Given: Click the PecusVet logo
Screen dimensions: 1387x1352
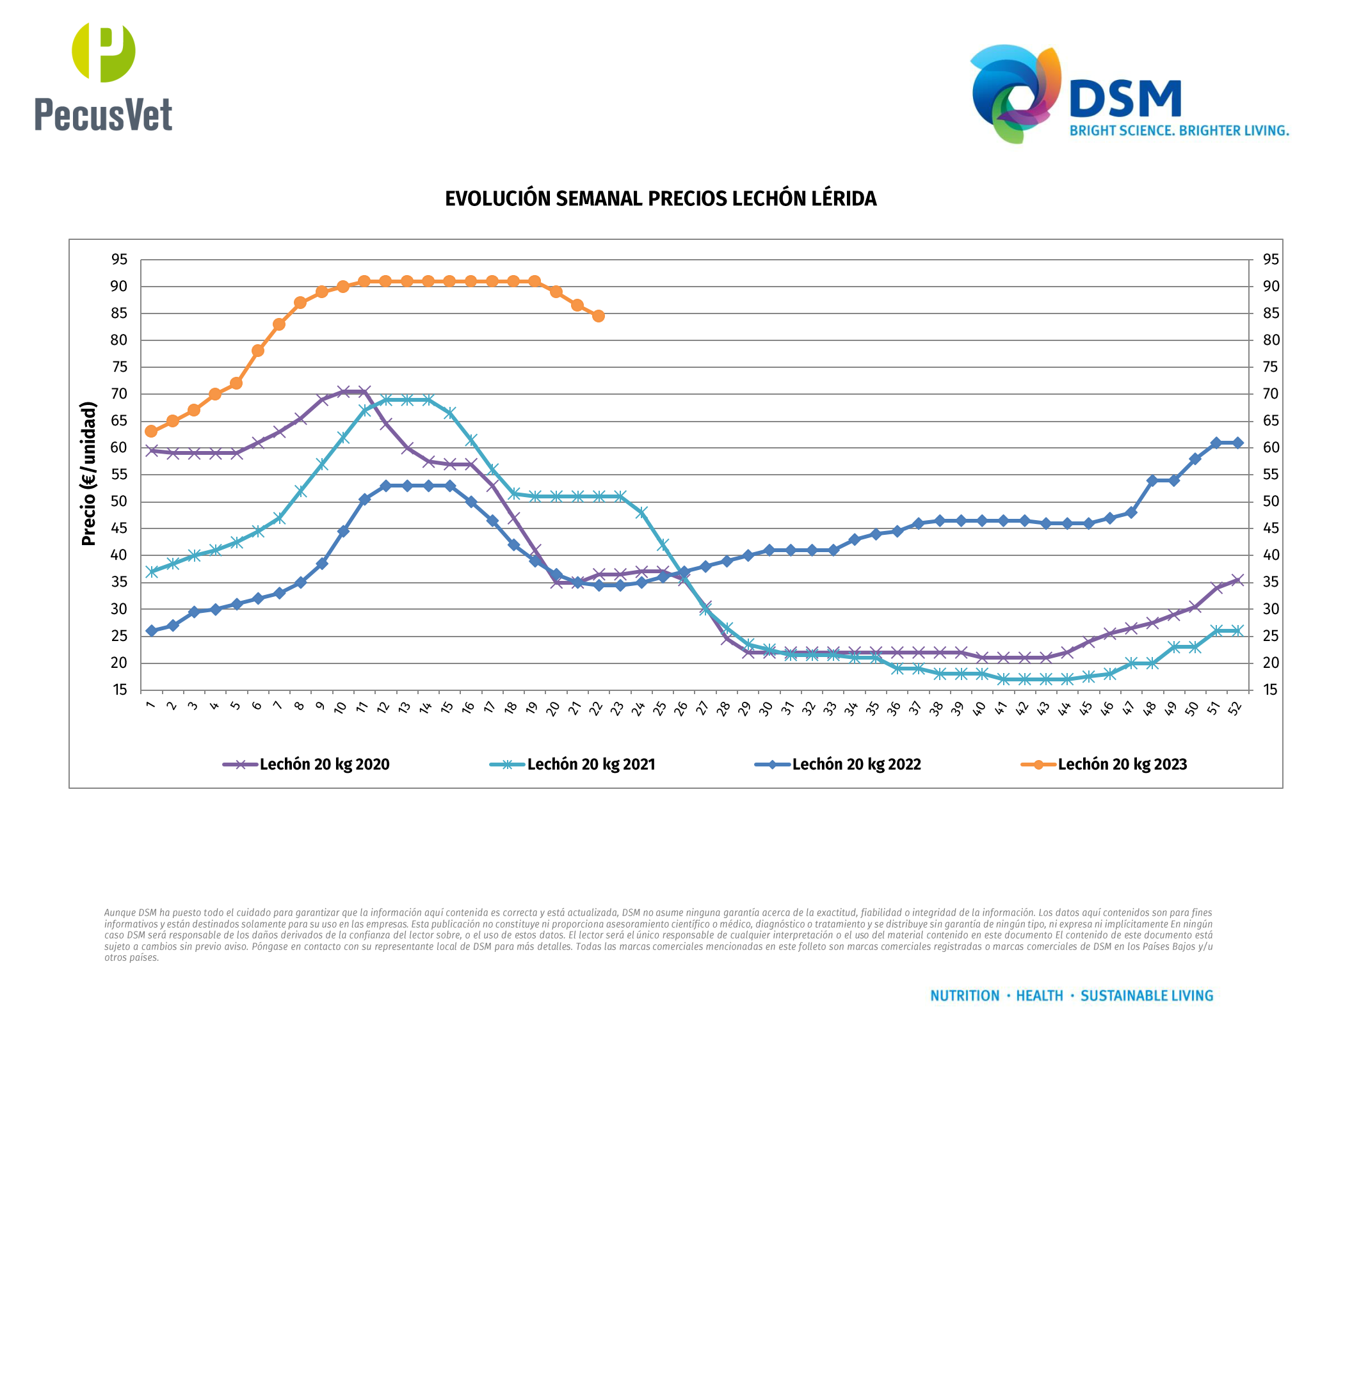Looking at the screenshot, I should click(x=104, y=78).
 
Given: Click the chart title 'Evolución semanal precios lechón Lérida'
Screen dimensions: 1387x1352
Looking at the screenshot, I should click(x=661, y=199).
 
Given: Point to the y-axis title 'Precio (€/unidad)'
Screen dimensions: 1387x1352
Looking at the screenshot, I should click(x=88, y=473).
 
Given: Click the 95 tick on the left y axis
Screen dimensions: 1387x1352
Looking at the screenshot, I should click(x=119, y=260).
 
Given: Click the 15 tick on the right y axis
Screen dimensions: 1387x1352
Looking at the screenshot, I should click(x=1270, y=690).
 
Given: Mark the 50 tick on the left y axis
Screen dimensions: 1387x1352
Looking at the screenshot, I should click(x=119, y=502).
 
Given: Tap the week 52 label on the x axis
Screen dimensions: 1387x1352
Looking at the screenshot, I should click(x=1235, y=708).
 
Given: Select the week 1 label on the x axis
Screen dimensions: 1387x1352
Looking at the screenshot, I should click(x=150, y=704).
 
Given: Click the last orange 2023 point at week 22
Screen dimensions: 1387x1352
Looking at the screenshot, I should click(x=599, y=316).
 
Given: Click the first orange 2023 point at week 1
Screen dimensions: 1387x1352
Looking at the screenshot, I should click(x=151, y=432).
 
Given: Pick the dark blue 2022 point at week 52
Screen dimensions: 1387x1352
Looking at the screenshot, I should click(x=1237, y=443).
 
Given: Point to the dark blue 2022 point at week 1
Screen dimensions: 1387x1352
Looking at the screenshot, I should click(x=151, y=630).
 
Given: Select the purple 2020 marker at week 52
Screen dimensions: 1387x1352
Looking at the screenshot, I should click(x=1237, y=580).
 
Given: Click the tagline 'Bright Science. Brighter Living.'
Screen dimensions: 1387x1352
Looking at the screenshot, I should click(x=1179, y=131).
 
